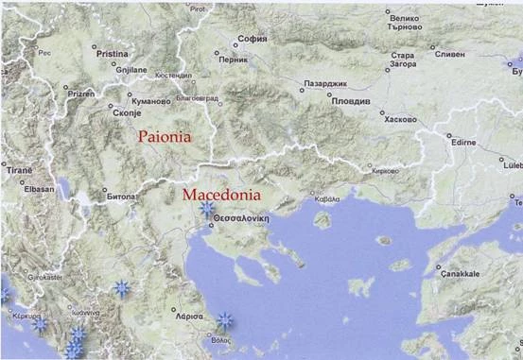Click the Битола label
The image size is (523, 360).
click(121, 198)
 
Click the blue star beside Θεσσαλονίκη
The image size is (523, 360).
click(206, 209)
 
